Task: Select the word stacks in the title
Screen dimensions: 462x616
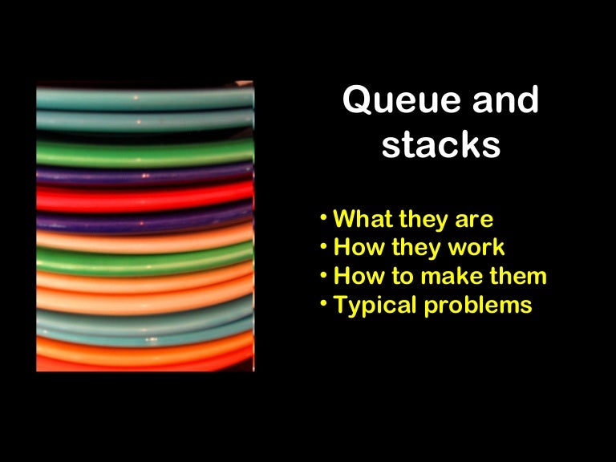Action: pos(440,146)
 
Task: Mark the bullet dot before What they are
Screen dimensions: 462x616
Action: pos(322,217)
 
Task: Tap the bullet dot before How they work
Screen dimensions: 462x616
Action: pos(322,246)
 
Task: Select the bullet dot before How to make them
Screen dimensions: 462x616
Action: pos(322,275)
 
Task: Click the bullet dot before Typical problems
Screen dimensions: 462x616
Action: pos(322,304)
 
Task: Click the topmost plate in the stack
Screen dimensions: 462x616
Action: pos(144,96)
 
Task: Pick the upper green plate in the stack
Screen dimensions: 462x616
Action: pos(144,150)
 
